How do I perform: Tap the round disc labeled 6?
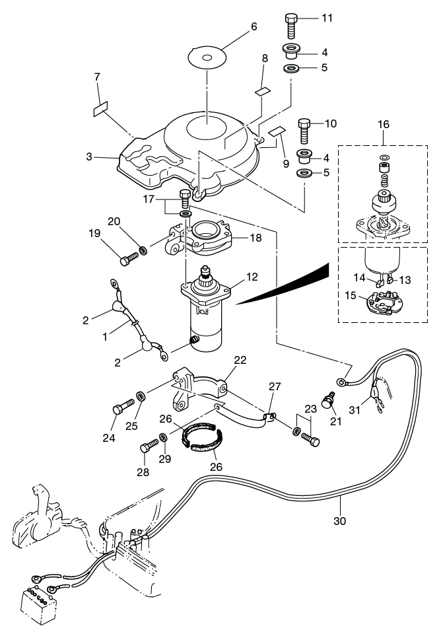pos(207,57)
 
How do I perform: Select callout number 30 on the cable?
pos(340,521)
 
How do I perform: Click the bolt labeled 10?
pos(304,131)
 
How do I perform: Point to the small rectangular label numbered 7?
pos(100,108)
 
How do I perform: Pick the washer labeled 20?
pos(143,251)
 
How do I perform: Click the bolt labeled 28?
pos(149,446)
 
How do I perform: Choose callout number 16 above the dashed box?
pos(384,125)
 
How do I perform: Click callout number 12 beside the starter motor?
pos(252,277)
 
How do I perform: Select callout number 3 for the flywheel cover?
pos(88,157)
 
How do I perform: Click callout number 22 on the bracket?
pos(240,360)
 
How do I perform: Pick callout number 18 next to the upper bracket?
pos(255,238)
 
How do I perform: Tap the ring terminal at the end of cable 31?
pos(341,381)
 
